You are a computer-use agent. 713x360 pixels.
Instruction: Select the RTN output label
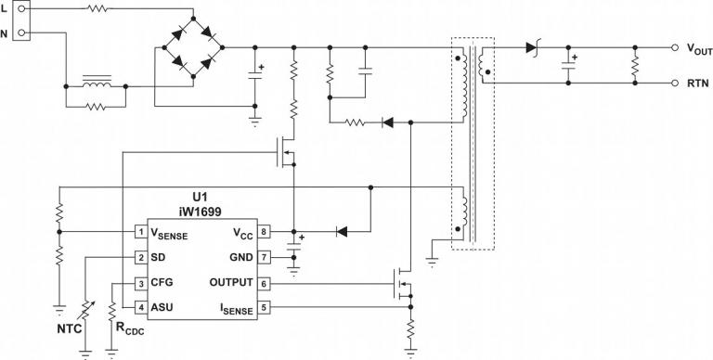[698, 84]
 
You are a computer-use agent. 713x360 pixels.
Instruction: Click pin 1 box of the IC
[140, 232]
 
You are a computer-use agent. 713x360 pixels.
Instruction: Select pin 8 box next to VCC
[264, 232]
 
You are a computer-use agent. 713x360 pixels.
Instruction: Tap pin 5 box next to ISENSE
[264, 307]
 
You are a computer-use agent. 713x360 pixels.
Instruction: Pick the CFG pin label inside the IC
[162, 283]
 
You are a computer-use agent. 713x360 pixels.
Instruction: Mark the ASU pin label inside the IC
[162, 307]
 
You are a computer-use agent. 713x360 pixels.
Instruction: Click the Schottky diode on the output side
[533, 46]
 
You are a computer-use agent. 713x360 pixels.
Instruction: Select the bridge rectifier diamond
[193, 47]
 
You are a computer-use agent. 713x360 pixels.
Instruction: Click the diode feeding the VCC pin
[341, 231]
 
